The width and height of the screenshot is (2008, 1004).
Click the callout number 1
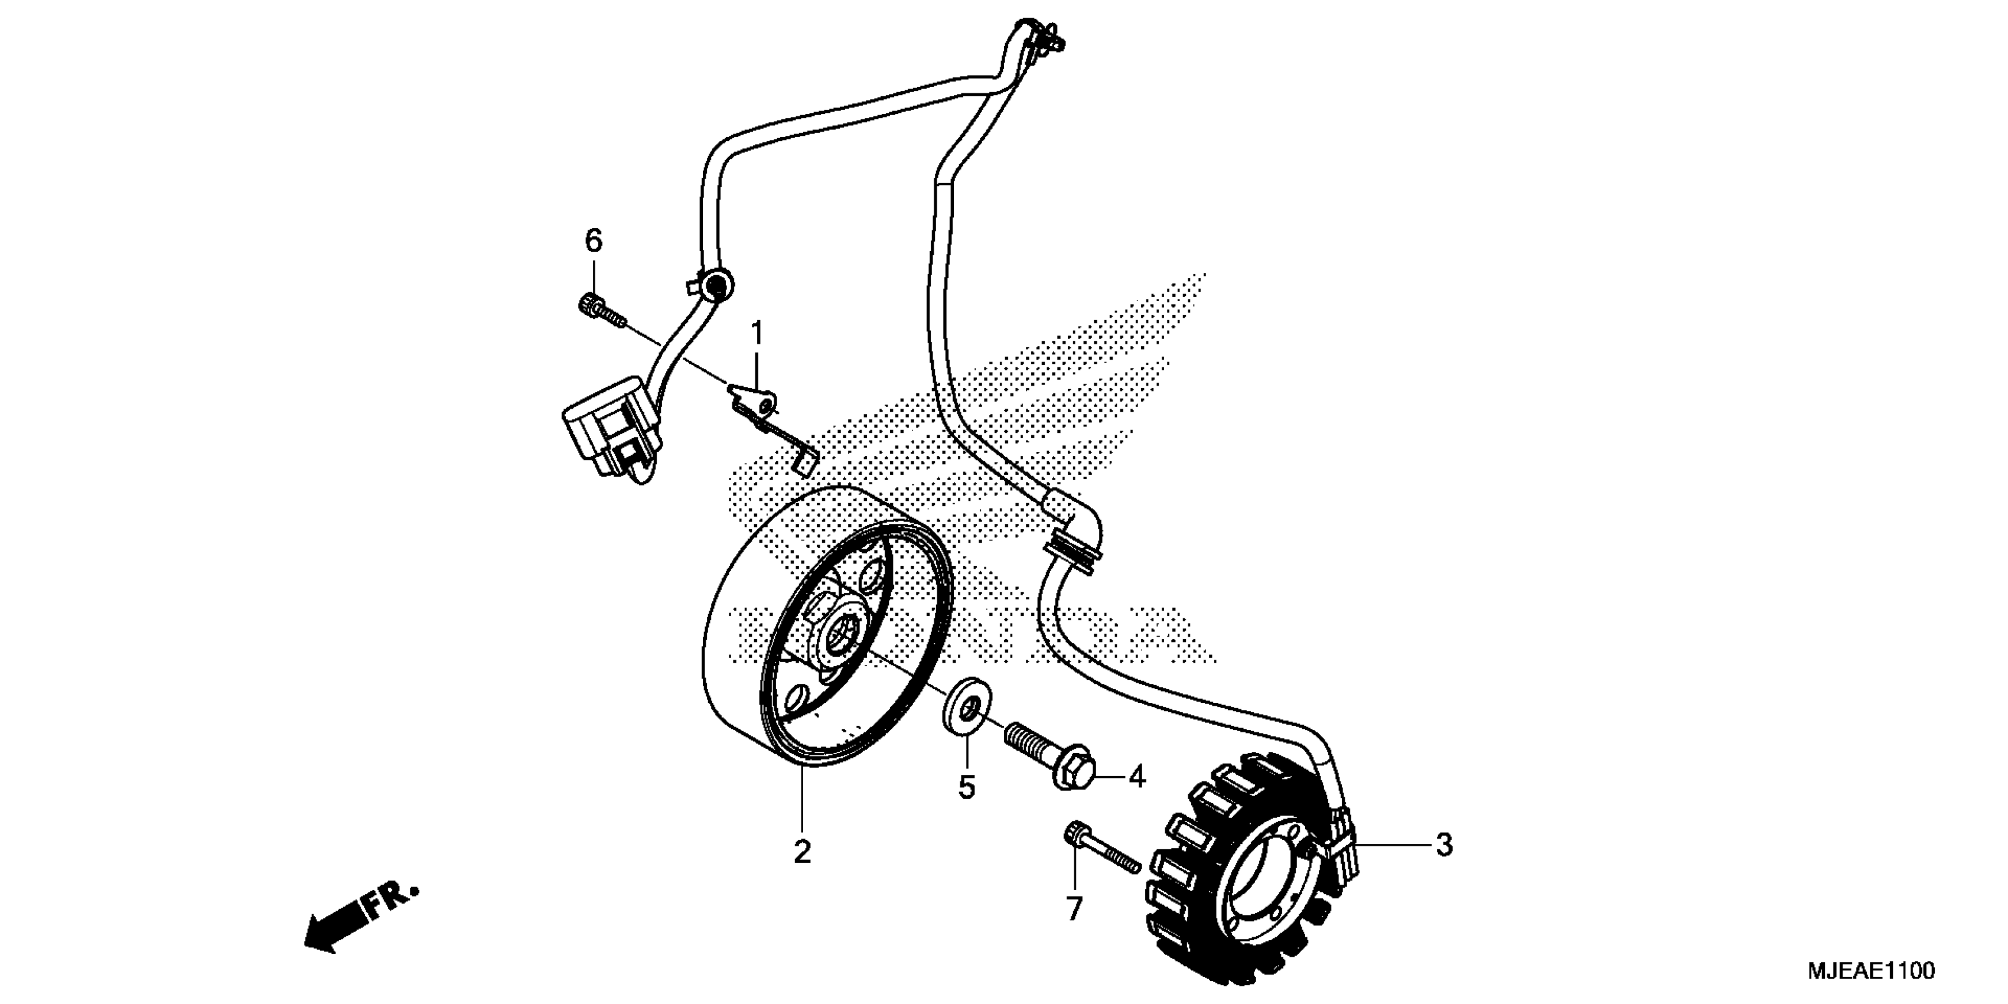[755, 336]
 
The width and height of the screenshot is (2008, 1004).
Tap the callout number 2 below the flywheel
[802, 852]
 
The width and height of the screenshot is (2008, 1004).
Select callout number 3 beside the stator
[1443, 845]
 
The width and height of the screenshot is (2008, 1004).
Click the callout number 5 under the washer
[967, 787]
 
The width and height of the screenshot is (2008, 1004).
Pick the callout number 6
[594, 242]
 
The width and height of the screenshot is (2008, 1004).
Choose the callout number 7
[1074, 909]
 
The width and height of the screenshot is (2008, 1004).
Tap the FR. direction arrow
[358, 920]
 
